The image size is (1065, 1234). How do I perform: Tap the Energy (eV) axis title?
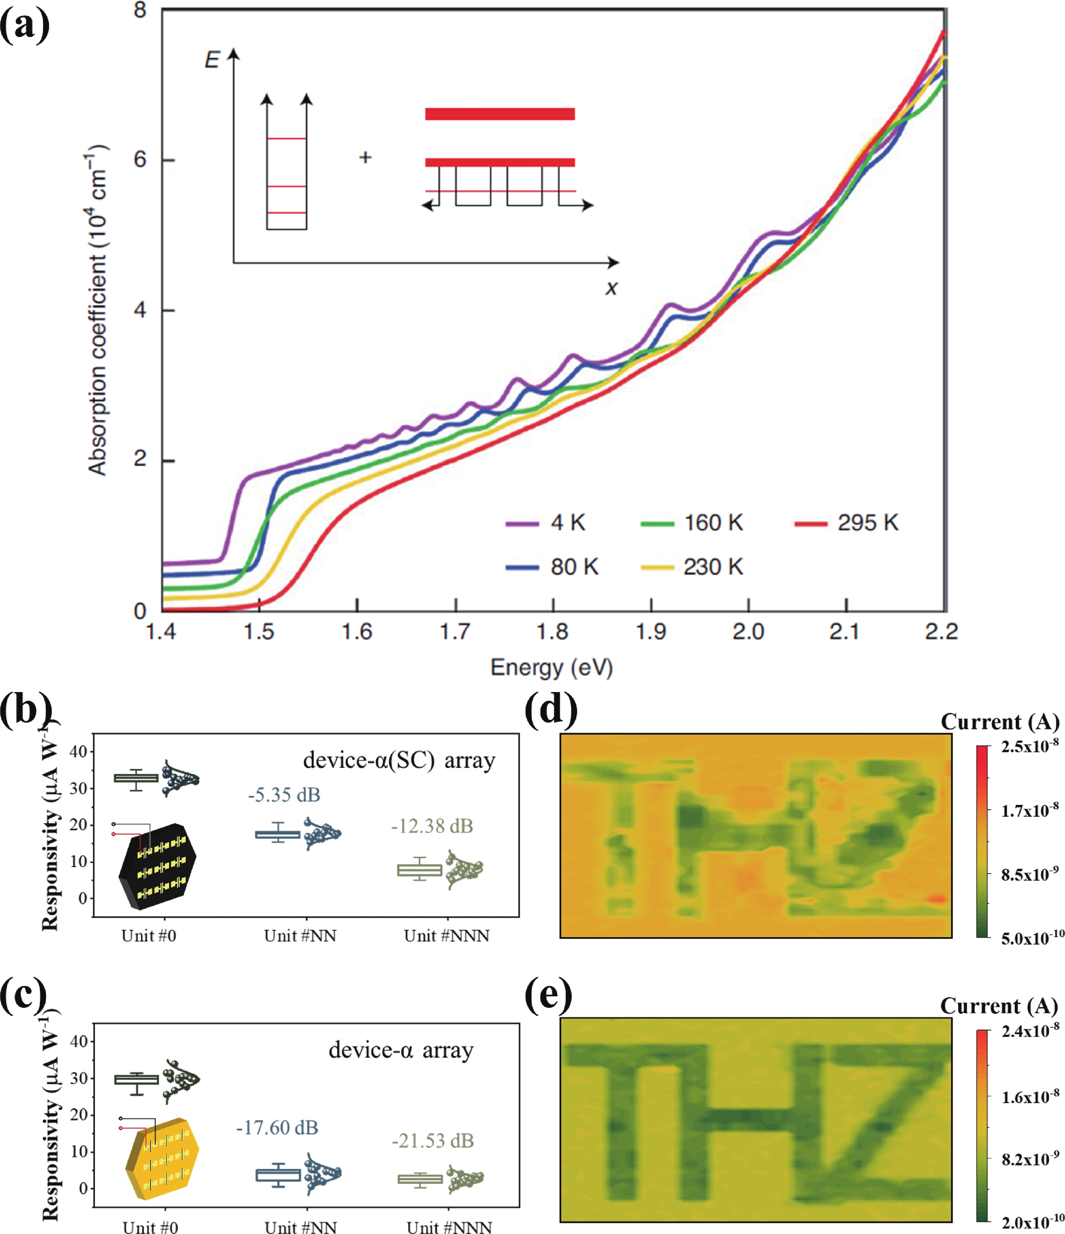(x=551, y=668)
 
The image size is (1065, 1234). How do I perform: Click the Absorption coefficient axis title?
(x=97, y=310)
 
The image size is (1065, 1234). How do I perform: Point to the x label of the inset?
(x=611, y=288)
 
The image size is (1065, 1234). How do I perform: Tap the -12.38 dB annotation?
(x=432, y=826)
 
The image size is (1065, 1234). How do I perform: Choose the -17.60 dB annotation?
(x=277, y=1128)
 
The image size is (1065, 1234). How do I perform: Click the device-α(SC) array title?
(x=399, y=761)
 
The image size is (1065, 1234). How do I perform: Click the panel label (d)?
(x=551, y=709)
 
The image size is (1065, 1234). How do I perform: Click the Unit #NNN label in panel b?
(x=447, y=935)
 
